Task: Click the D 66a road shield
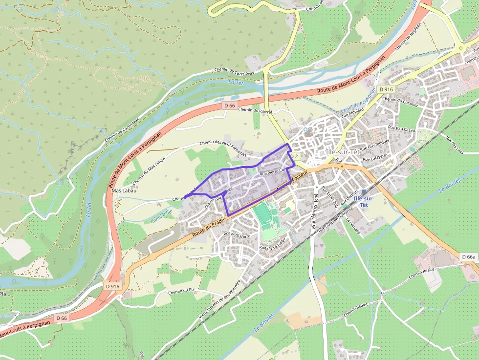click(468, 256)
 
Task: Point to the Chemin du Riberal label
click(255, 111)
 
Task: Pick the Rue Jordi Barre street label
click(237, 234)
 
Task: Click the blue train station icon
click(364, 192)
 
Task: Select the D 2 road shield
click(294, 156)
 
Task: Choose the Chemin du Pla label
click(181, 291)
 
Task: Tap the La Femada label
click(353, 226)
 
